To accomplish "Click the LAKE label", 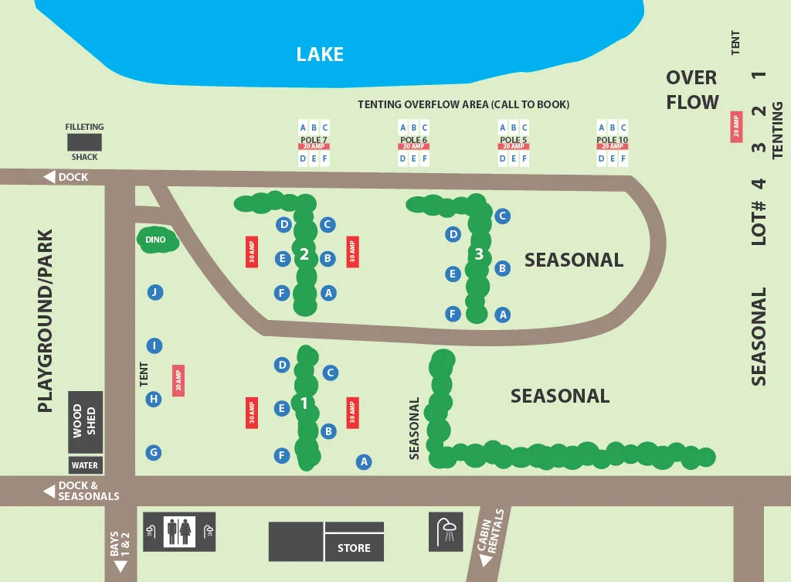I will point(320,54).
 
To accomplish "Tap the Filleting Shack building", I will point(84,142).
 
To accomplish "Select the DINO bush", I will point(157,240).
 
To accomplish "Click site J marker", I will point(155,292).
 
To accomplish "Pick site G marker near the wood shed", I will point(154,452).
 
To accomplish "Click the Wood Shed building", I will point(84,420).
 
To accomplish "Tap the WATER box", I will point(85,465).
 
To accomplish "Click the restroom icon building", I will point(178,531).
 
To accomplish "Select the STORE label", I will point(354,548).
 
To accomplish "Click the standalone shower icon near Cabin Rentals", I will point(446,531).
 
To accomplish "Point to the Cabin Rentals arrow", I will point(485,561).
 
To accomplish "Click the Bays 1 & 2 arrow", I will point(121,566).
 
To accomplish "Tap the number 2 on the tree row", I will point(304,254).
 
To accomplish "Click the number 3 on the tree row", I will point(479,254).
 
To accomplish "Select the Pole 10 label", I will point(612,140).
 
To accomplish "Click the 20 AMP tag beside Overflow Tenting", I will point(736,127).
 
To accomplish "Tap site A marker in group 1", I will point(364,461).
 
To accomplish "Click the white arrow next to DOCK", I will point(49,177).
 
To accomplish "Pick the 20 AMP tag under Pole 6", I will point(413,146).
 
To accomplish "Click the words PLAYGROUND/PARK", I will point(46,321).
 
